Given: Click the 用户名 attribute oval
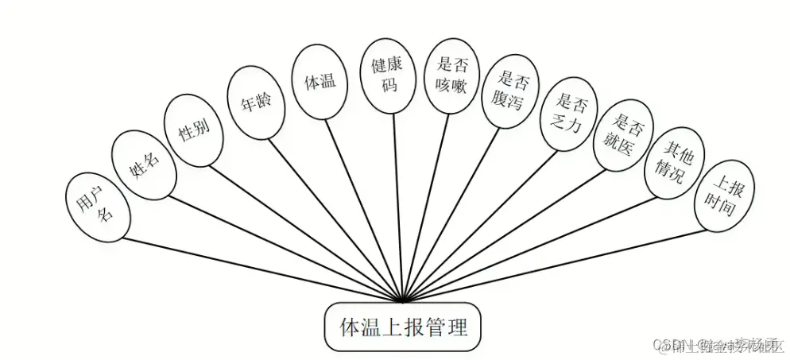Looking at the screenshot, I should [95, 205].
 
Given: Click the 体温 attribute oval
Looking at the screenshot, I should [319, 80].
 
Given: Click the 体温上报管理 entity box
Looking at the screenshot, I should [402, 327].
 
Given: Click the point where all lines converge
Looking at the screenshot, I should [405, 301].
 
